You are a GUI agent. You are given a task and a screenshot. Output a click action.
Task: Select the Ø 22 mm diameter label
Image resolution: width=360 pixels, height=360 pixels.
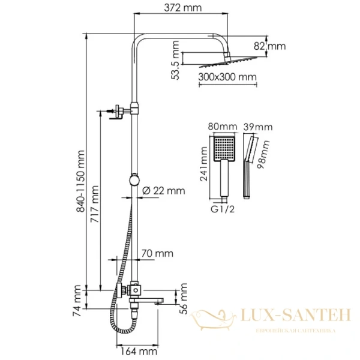[164, 190]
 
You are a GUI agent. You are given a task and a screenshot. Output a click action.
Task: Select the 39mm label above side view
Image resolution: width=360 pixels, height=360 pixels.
[258, 127]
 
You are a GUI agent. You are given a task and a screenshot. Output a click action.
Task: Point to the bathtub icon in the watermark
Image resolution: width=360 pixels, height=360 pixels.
[215, 319]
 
